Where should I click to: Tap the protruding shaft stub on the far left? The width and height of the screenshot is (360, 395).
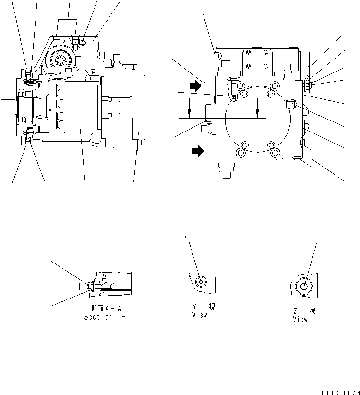pos(8,107)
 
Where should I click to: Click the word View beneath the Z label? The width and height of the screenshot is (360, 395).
pos(300,319)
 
